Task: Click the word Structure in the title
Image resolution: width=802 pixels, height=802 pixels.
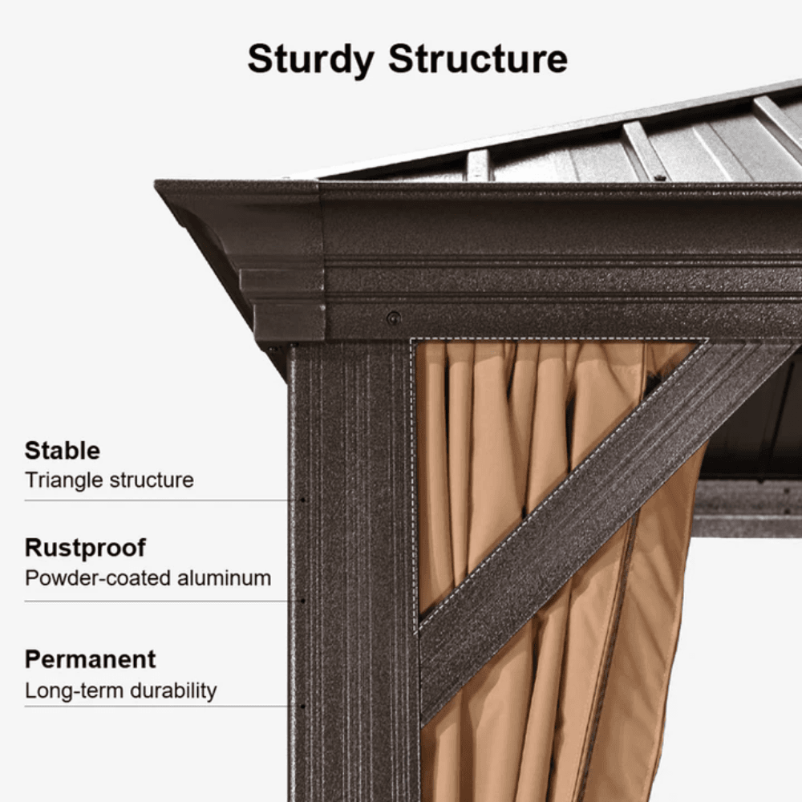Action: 478,59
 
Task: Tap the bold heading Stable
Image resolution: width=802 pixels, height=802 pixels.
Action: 63,451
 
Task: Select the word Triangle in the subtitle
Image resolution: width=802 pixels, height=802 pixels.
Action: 63,480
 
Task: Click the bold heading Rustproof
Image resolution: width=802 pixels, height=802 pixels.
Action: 86,549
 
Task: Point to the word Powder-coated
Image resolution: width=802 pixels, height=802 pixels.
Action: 98,578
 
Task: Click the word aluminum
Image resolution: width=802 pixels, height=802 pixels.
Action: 224,578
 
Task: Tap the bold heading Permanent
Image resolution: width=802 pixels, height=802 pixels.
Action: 91,658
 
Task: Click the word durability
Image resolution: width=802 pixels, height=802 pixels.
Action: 173,691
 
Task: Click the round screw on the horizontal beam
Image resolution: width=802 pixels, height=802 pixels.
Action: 393,318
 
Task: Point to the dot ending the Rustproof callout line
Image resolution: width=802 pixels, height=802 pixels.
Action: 303,601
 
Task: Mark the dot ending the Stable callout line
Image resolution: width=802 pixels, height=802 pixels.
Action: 303,500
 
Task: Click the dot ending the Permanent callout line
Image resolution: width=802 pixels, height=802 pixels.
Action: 303,707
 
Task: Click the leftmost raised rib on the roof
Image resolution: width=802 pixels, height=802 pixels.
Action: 478,164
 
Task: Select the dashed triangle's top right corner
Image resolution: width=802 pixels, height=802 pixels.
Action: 708,339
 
